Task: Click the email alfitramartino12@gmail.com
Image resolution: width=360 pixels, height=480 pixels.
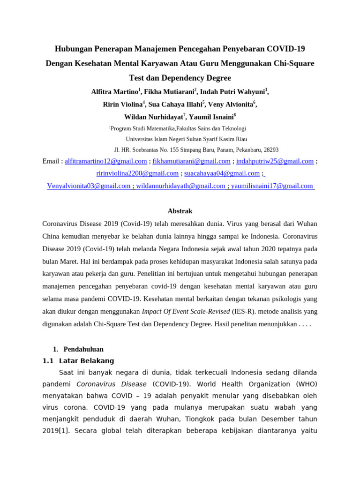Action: [x=106, y=161]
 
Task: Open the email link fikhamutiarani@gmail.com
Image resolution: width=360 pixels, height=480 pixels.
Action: [x=192, y=161]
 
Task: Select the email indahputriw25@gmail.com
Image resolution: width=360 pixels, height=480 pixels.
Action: [x=275, y=161]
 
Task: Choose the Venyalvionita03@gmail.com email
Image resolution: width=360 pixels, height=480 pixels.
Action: [x=89, y=186]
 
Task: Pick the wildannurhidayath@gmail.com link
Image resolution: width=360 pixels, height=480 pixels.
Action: [x=180, y=186]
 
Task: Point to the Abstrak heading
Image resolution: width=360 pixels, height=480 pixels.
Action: [x=180, y=211]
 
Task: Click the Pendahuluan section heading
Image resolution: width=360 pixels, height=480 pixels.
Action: [x=83, y=349]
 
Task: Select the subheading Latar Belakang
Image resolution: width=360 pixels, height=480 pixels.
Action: [x=87, y=361]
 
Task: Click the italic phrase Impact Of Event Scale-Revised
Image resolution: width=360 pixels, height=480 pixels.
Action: [x=186, y=311]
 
